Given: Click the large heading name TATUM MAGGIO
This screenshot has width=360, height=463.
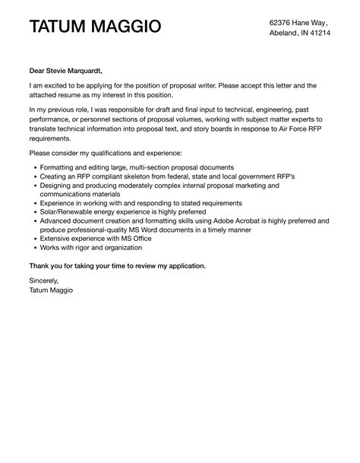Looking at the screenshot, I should click(x=95, y=27).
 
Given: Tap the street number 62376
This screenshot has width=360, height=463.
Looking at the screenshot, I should click(x=283, y=23).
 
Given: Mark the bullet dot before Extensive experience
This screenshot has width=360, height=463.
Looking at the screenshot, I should click(x=36, y=239).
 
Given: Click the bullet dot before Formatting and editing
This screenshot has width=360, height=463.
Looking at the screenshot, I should click(x=36, y=167).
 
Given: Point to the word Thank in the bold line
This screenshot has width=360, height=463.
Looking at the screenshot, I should click(x=41, y=265).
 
